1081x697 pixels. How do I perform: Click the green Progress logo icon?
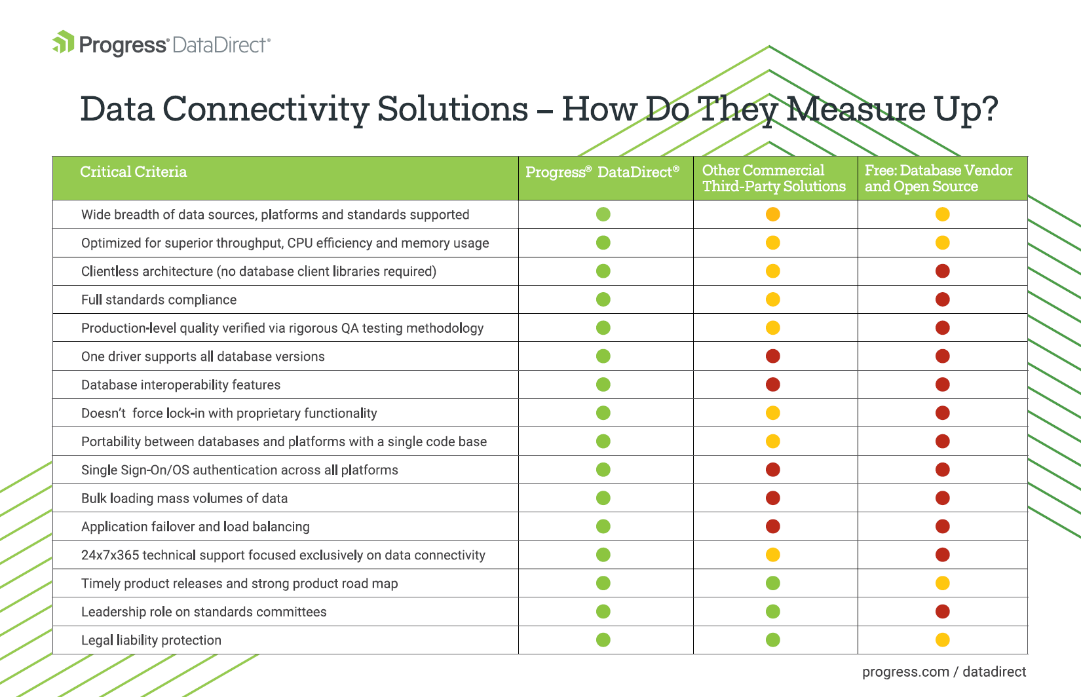click(x=63, y=42)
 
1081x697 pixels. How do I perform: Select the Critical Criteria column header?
click(x=133, y=172)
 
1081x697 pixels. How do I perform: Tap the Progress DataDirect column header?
click(x=602, y=172)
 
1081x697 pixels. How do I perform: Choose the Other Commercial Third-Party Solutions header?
click(x=774, y=178)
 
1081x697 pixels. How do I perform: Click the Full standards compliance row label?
click(x=159, y=300)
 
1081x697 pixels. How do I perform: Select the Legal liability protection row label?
click(x=151, y=640)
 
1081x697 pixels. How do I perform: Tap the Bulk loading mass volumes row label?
click(x=184, y=498)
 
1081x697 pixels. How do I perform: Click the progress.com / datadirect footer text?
click(x=944, y=672)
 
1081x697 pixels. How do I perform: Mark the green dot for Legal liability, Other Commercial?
click(x=772, y=640)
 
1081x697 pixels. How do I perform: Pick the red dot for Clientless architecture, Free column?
click(x=943, y=271)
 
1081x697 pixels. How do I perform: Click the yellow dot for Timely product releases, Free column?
click(x=943, y=583)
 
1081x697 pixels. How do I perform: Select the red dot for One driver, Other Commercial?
click(x=772, y=356)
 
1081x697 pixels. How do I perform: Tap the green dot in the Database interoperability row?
click(x=603, y=385)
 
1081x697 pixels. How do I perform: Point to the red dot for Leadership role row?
click(x=943, y=612)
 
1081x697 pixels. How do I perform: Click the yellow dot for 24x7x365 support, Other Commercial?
click(x=772, y=555)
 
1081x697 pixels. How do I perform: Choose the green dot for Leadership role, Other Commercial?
click(x=772, y=612)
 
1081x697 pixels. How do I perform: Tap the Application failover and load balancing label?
click(x=195, y=527)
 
